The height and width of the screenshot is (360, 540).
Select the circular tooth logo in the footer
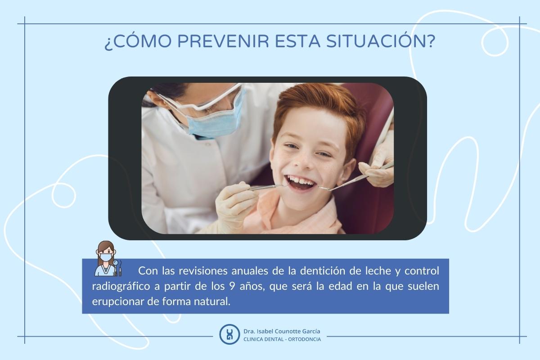pyautogui.click(x=229, y=334)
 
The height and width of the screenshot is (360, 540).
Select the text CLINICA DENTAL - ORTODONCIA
pyautogui.click(x=282, y=339)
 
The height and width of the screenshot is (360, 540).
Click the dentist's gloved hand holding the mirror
pyautogui.click(x=234, y=205)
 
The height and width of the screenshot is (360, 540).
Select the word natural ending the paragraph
pyautogui.click(x=213, y=301)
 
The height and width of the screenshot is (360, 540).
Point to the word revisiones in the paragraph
pyautogui.click(x=203, y=271)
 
